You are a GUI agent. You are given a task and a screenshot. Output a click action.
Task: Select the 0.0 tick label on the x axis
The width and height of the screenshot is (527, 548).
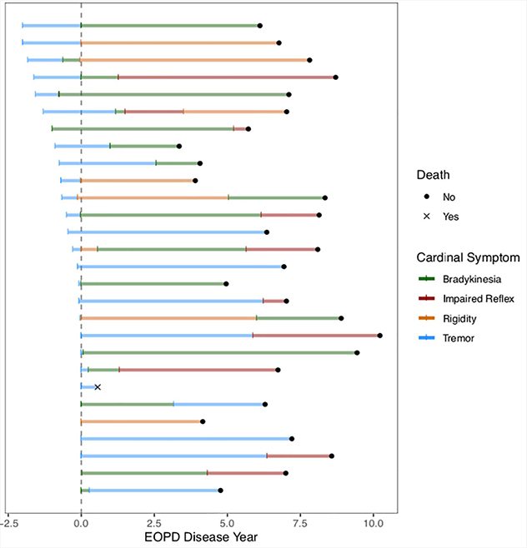pyautogui.click(x=81, y=523)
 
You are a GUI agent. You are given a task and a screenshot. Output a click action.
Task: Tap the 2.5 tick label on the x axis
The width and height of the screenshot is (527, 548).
pyautogui.click(x=154, y=523)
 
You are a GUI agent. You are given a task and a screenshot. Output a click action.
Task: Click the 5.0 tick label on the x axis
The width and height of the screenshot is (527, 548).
pyautogui.click(x=227, y=523)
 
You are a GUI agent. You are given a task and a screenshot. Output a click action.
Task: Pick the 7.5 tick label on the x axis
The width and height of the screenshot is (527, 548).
pyautogui.click(x=300, y=523)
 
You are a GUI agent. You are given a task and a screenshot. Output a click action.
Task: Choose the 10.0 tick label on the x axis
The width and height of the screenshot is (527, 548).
pyautogui.click(x=374, y=523)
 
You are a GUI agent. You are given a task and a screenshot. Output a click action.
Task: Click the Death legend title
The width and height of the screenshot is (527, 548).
pyautogui.click(x=434, y=176)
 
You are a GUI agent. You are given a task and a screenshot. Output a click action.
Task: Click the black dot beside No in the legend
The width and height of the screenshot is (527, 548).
pyautogui.click(x=426, y=197)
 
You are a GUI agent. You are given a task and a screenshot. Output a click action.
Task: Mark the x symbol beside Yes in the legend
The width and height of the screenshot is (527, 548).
pyautogui.click(x=426, y=216)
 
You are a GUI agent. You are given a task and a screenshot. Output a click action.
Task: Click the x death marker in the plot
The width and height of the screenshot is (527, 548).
pyautogui.click(x=98, y=387)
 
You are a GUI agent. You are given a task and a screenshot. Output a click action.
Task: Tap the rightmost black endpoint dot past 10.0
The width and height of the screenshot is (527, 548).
pyautogui.click(x=380, y=336)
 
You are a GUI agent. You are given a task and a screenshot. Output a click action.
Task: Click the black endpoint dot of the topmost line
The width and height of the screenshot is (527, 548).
pyautogui.click(x=259, y=26)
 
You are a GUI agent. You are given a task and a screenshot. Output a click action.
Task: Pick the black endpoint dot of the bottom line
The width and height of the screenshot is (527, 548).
pyautogui.click(x=220, y=491)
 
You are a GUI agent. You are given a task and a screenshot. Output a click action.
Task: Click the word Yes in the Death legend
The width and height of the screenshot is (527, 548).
pyautogui.click(x=450, y=216)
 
